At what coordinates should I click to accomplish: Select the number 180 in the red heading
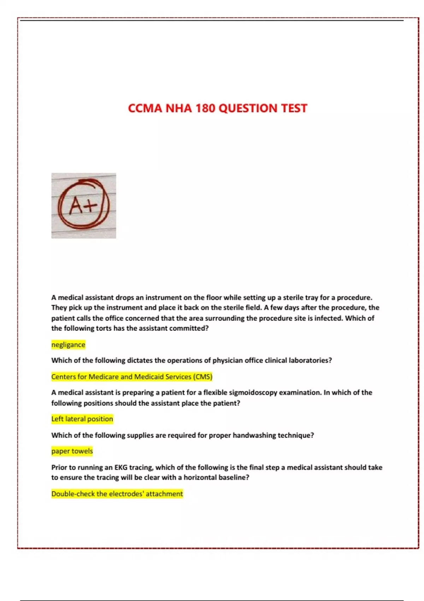[205, 108]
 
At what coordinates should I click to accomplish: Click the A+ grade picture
[84, 205]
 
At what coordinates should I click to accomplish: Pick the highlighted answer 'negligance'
[68, 345]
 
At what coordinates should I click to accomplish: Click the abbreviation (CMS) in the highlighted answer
[202, 377]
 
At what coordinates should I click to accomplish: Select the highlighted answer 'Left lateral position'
[82, 419]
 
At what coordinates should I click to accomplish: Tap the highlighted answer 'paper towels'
[72, 451]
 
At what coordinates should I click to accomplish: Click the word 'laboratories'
[310, 361]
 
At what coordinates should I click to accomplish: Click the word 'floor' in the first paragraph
[214, 298]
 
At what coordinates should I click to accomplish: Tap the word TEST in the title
[294, 108]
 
